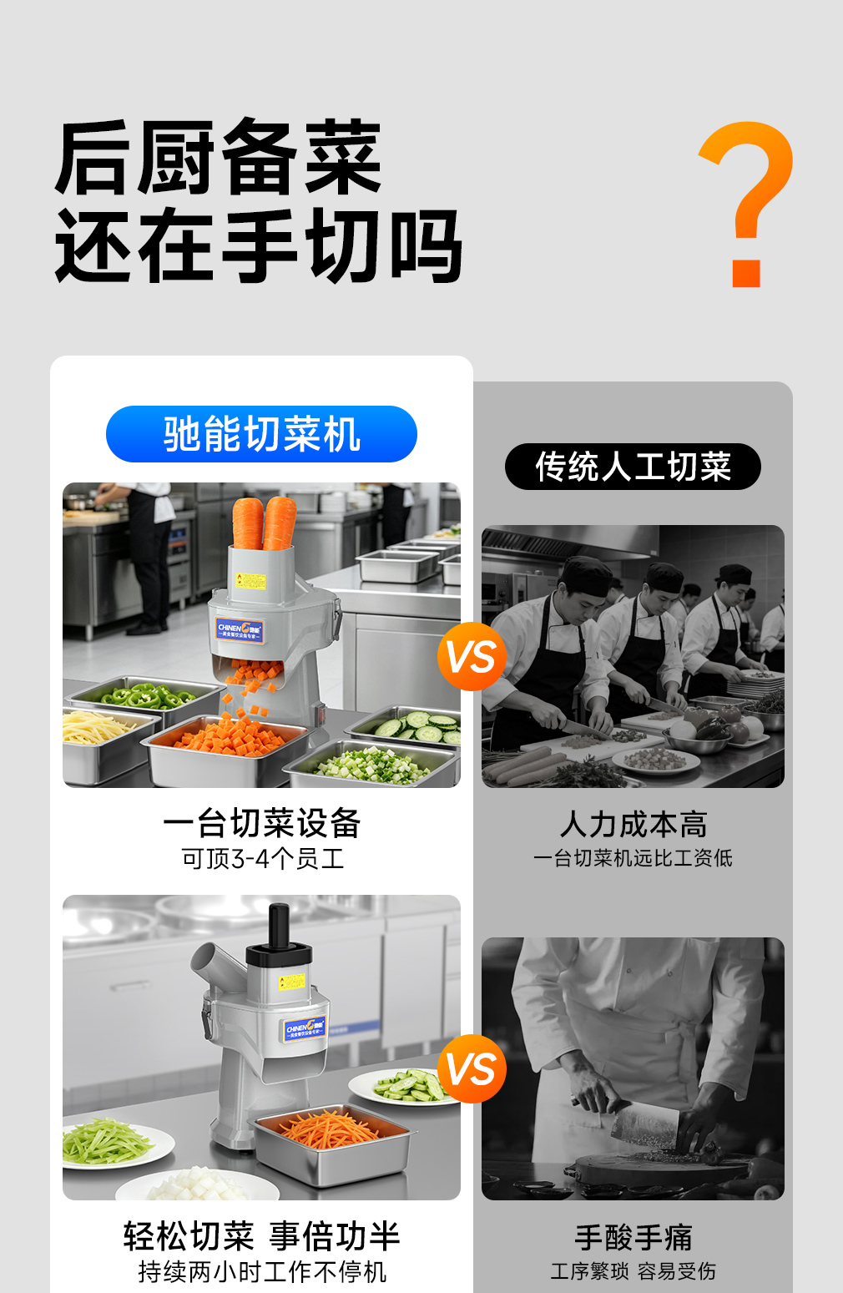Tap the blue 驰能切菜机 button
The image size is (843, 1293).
click(x=261, y=434)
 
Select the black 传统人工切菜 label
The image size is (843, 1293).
click(x=633, y=467)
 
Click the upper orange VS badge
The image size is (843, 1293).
click(x=472, y=657)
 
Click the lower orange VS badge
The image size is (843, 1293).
click(x=472, y=1069)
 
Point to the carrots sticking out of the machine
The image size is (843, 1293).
click(x=265, y=523)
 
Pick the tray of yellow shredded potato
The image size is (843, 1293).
click(x=103, y=745)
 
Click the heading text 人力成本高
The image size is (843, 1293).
click(x=633, y=824)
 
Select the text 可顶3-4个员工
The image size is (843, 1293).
click(x=263, y=859)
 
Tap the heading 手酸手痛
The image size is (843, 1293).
click(x=633, y=1237)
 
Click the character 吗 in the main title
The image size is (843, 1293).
click(x=426, y=246)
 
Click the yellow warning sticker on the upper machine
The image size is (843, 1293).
click(x=250, y=581)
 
